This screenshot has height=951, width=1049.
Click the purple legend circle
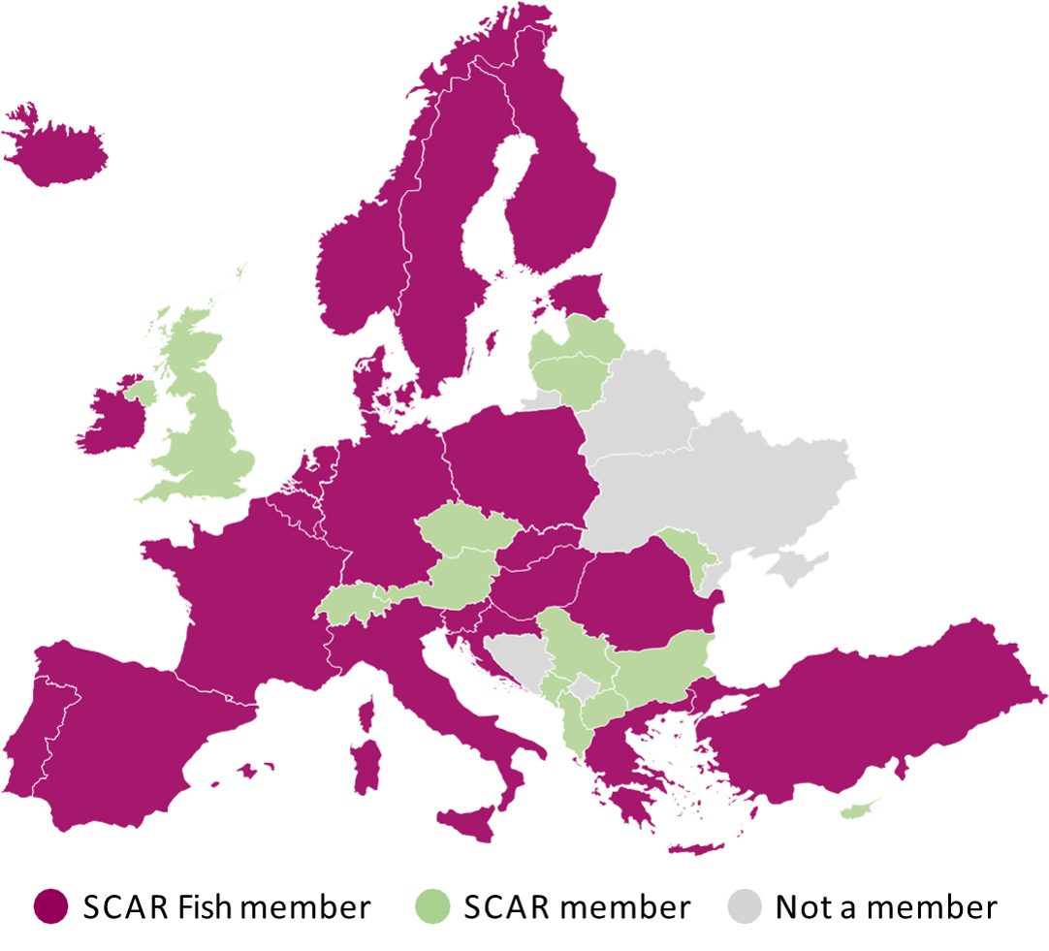tap(51, 905)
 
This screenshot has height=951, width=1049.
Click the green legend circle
tap(432, 905)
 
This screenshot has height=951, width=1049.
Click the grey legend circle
tap(745, 905)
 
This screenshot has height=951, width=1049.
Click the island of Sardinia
tap(366, 765)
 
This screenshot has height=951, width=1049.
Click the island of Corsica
tap(367, 713)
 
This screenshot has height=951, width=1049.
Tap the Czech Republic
tap(465, 530)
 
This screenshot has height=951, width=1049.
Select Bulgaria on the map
tap(663, 659)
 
